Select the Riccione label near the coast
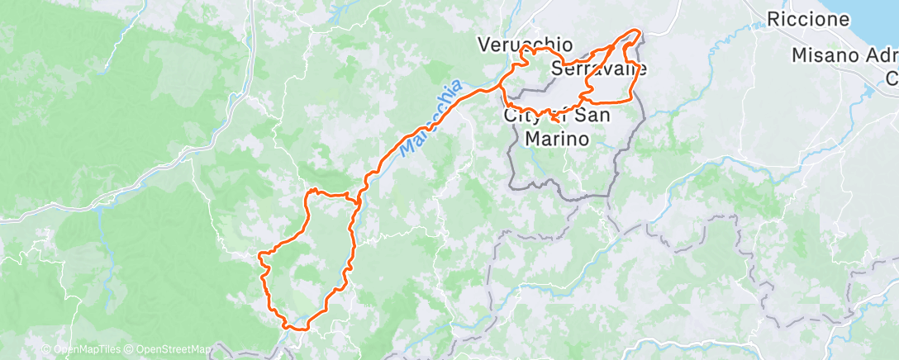point(807,19)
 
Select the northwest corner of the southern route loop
point(311,192)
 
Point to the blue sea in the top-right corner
point(884,21)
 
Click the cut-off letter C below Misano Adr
point(892,78)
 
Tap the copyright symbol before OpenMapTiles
point(45,350)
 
